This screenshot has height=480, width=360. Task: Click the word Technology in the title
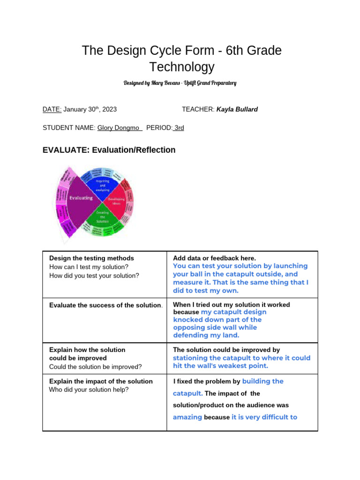(181, 67)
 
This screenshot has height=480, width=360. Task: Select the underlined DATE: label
(52, 109)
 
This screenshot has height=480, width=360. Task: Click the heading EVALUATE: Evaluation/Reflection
(109, 150)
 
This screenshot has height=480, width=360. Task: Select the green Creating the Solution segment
(102, 216)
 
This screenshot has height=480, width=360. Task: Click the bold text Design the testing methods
(91, 258)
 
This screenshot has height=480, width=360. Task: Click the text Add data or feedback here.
(214, 258)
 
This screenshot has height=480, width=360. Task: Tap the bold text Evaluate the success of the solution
(105, 305)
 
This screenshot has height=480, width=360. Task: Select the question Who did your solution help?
(89, 390)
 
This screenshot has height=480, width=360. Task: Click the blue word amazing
(187, 417)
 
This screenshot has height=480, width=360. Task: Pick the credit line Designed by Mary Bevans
(180, 83)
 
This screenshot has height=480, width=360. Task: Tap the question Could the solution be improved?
(95, 367)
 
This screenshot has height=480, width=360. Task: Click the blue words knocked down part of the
(217, 320)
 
